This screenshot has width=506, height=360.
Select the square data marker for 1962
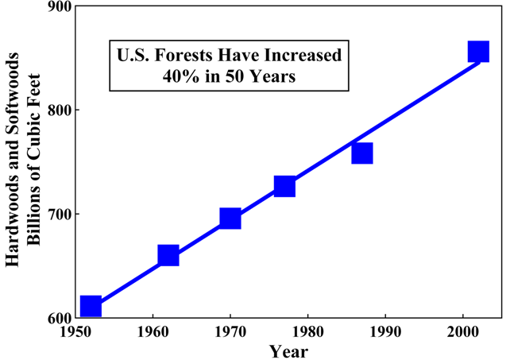tap(168, 255)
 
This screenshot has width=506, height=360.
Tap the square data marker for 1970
tap(230, 219)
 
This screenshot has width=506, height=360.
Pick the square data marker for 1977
tap(284, 187)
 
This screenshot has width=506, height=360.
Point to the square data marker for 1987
tap(362, 153)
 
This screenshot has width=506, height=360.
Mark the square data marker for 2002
tap(478, 52)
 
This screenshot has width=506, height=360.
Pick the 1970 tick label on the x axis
tap(230, 331)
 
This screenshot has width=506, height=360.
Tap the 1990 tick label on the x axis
tap(385, 331)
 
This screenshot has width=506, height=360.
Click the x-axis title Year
tap(288, 350)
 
